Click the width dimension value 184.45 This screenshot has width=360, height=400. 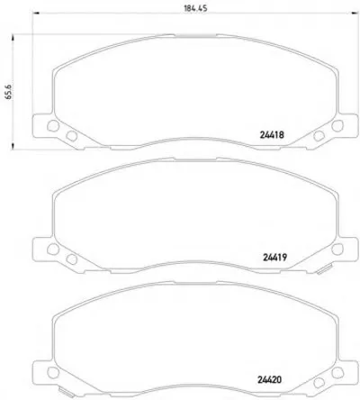195,8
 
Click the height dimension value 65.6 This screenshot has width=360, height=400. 8,92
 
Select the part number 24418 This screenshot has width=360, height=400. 272,135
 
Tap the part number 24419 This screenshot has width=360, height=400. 275,258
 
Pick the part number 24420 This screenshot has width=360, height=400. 269,379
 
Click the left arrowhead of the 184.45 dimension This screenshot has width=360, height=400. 35,13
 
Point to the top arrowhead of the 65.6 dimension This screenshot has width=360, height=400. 13,38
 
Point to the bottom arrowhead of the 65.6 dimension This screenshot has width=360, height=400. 13,146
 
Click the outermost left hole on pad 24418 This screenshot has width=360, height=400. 53,126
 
